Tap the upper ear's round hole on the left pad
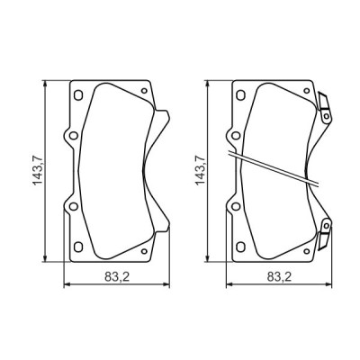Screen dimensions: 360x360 click(70, 138)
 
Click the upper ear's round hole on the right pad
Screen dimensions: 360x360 click(235, 138)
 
